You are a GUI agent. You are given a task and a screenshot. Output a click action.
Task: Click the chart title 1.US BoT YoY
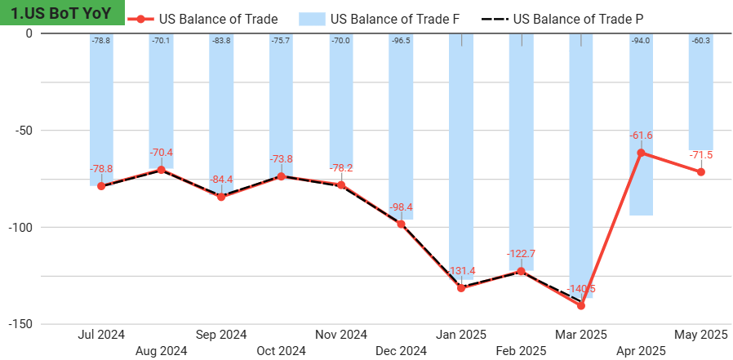pos(62,13)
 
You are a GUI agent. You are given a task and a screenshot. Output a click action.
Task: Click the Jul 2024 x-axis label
pos(101,335)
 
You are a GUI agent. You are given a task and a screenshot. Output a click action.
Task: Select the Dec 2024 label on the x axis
pos(401,351)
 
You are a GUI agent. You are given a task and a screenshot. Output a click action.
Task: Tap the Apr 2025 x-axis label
pos(641,351)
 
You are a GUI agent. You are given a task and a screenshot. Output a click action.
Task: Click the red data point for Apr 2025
pos(641,153)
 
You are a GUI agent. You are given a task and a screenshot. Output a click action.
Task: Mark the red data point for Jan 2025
pos(461,288)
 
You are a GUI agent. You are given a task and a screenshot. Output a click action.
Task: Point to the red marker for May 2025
pos(701,172)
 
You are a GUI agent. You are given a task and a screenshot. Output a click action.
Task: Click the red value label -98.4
pos(401,207)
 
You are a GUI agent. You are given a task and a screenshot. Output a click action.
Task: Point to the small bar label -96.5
pos(401,41)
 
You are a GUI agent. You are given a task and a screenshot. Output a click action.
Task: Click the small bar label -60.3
pos(701,41)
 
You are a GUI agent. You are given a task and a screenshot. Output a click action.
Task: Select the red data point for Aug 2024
pos(161,170)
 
